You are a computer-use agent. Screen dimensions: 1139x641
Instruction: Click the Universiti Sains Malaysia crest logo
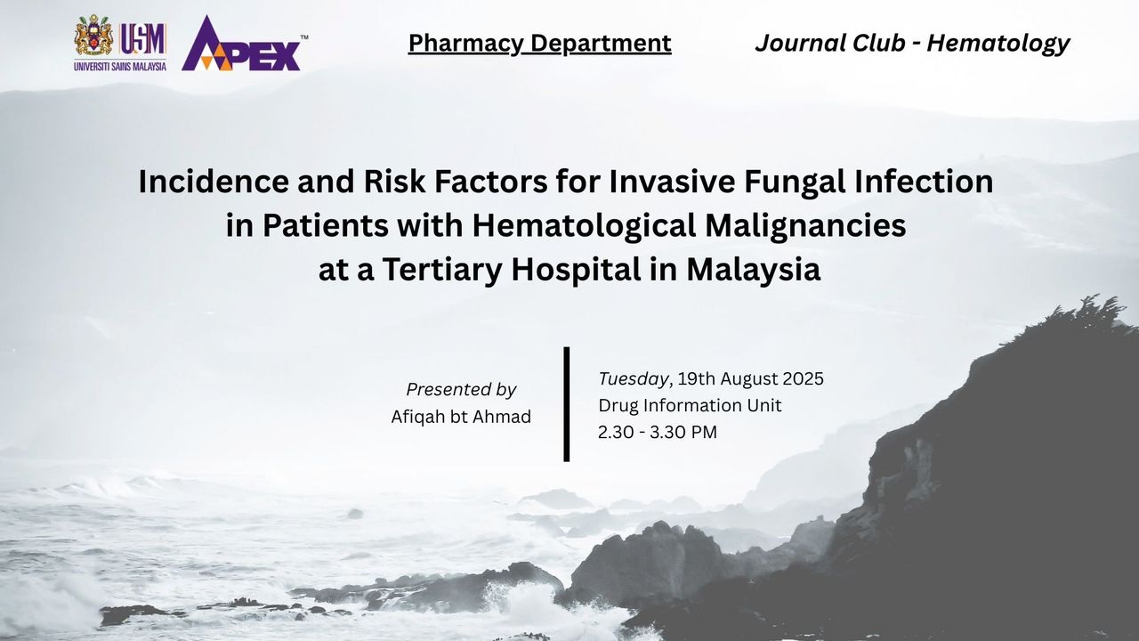[x=94, y=37]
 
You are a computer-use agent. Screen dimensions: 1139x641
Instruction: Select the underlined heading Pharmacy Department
[x=539, y=44]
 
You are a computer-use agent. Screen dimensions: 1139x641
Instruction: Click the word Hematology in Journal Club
[x=998, y=44]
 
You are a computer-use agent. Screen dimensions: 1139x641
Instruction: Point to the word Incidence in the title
[x=214, y=182]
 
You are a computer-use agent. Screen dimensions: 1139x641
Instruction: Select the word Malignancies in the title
[x=805, y=227]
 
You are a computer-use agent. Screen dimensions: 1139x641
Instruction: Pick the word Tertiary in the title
[x=442, y=271]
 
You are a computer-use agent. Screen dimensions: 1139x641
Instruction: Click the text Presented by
[x=461, y=390]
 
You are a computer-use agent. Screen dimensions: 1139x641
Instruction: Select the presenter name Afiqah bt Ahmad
[x=461, y=417]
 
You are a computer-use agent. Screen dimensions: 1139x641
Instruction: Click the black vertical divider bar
[x=567, y=404]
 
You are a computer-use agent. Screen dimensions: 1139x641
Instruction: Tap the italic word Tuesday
[x=633, y=379]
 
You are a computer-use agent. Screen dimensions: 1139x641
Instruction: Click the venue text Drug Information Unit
[x=690, y=405]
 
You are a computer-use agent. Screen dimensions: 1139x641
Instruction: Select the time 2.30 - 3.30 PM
[x=658, y=433]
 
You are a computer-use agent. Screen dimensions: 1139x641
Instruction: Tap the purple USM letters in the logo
[x=142, y=39]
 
